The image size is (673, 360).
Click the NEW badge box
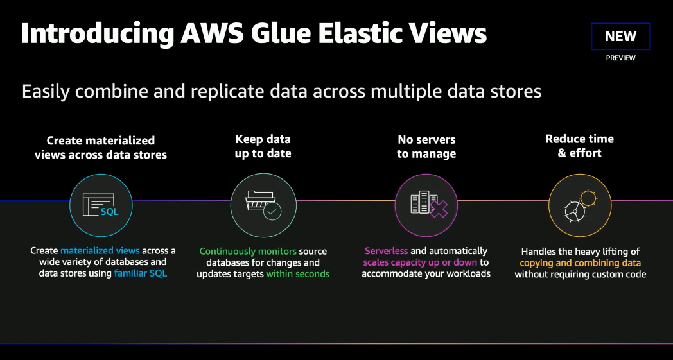click(620, 37)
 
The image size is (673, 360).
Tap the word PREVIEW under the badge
click(620, 58)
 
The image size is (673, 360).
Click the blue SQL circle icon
click(101, 205)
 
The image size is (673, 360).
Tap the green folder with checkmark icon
click(263, 205)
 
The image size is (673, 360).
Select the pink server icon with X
click(426, 205)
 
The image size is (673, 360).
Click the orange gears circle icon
click(580, 205)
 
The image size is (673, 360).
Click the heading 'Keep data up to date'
click(263, 146)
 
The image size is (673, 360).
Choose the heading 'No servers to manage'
click(426, 146)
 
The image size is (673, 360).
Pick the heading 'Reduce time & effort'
click(580, 146)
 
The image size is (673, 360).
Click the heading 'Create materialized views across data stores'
click(101, 147)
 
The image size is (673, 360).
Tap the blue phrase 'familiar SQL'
click(141, 273)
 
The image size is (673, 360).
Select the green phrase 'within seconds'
click(297, 273)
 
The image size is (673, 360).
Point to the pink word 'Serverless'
click(386, 251)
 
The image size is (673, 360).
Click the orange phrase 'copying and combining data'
click(580, 263)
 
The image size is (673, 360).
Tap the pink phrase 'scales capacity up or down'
click(420, 262)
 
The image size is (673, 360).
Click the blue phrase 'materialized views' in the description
click(100, 251)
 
